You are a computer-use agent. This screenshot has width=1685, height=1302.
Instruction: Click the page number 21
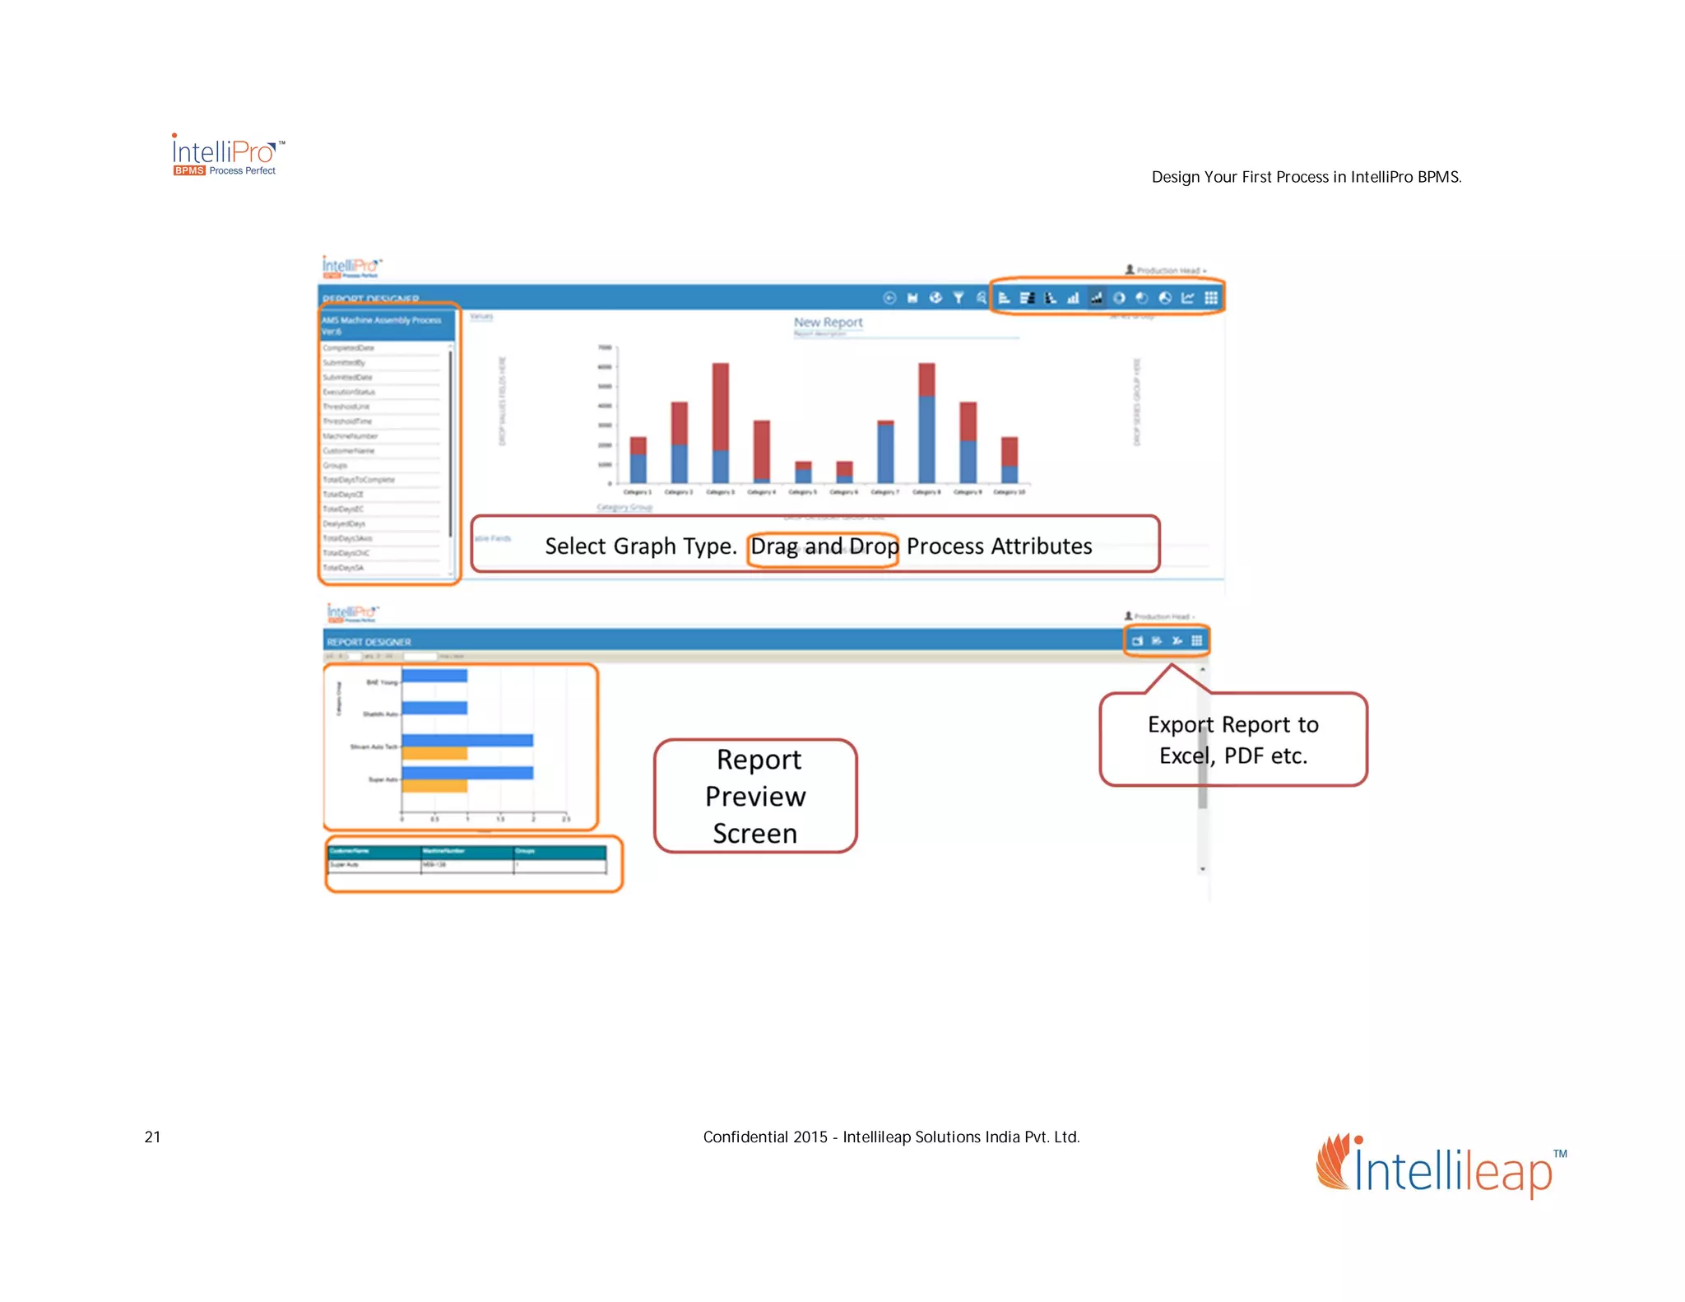[152, 1137]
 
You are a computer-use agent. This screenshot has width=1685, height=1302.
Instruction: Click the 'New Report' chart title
[828, 323]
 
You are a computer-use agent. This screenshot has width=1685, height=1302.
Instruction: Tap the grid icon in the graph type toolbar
[1211, 298]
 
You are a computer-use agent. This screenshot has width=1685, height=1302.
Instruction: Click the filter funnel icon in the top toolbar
[959, 298]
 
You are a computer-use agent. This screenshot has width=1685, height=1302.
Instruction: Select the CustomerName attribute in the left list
[349, 451]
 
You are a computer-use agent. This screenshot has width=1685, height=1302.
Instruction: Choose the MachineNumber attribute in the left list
[350, 436]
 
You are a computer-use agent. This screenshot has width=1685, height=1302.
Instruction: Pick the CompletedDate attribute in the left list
[348, 348]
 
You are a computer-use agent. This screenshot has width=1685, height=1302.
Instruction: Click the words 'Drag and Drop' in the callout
[824, 546]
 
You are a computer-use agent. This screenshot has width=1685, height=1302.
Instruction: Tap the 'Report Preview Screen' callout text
[756, 796]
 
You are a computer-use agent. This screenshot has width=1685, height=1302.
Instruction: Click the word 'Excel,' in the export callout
[1186, 756]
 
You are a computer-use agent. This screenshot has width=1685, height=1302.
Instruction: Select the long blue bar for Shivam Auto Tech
[467, 741]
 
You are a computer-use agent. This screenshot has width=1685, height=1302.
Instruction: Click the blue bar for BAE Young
[434, 676]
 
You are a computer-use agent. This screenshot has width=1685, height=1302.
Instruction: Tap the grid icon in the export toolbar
[1197, 641]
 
